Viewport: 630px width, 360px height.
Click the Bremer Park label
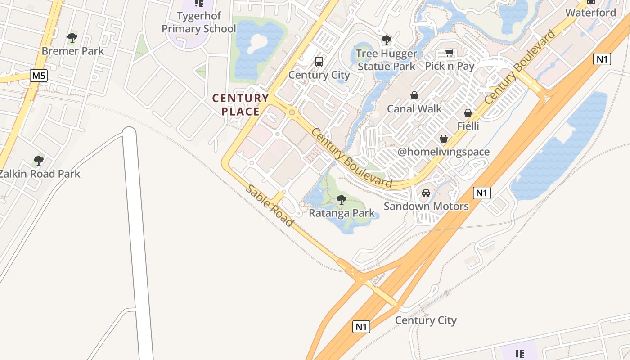coord(72,51)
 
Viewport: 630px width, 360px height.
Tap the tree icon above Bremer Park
coord(72,37)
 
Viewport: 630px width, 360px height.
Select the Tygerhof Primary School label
coord(198,22)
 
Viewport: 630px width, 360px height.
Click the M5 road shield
coord(39,76)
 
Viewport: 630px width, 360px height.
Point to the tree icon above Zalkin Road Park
coord(39,160)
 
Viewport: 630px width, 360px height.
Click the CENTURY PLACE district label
coord(240,104)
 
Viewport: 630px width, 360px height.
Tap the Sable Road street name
coord(269,205)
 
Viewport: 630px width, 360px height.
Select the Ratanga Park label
coord(342,213)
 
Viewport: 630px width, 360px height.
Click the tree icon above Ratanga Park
coord(342,199)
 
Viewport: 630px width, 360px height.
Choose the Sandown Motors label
coord(426,207)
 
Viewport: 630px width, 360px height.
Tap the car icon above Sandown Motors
coord(426,193)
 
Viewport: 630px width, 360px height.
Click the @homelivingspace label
coord(443,152)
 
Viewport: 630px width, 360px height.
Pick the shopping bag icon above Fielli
coord(468,113)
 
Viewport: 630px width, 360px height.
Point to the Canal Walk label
coord(414,109)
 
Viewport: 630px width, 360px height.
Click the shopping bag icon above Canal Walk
coord(414,95)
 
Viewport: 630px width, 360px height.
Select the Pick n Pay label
coord(450,66)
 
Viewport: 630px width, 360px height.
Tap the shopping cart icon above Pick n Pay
coord(449,53)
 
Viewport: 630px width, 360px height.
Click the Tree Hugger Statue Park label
coord(387,60)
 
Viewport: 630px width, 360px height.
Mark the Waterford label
coord(590,13)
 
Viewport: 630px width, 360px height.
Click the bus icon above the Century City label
coord(319,62)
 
